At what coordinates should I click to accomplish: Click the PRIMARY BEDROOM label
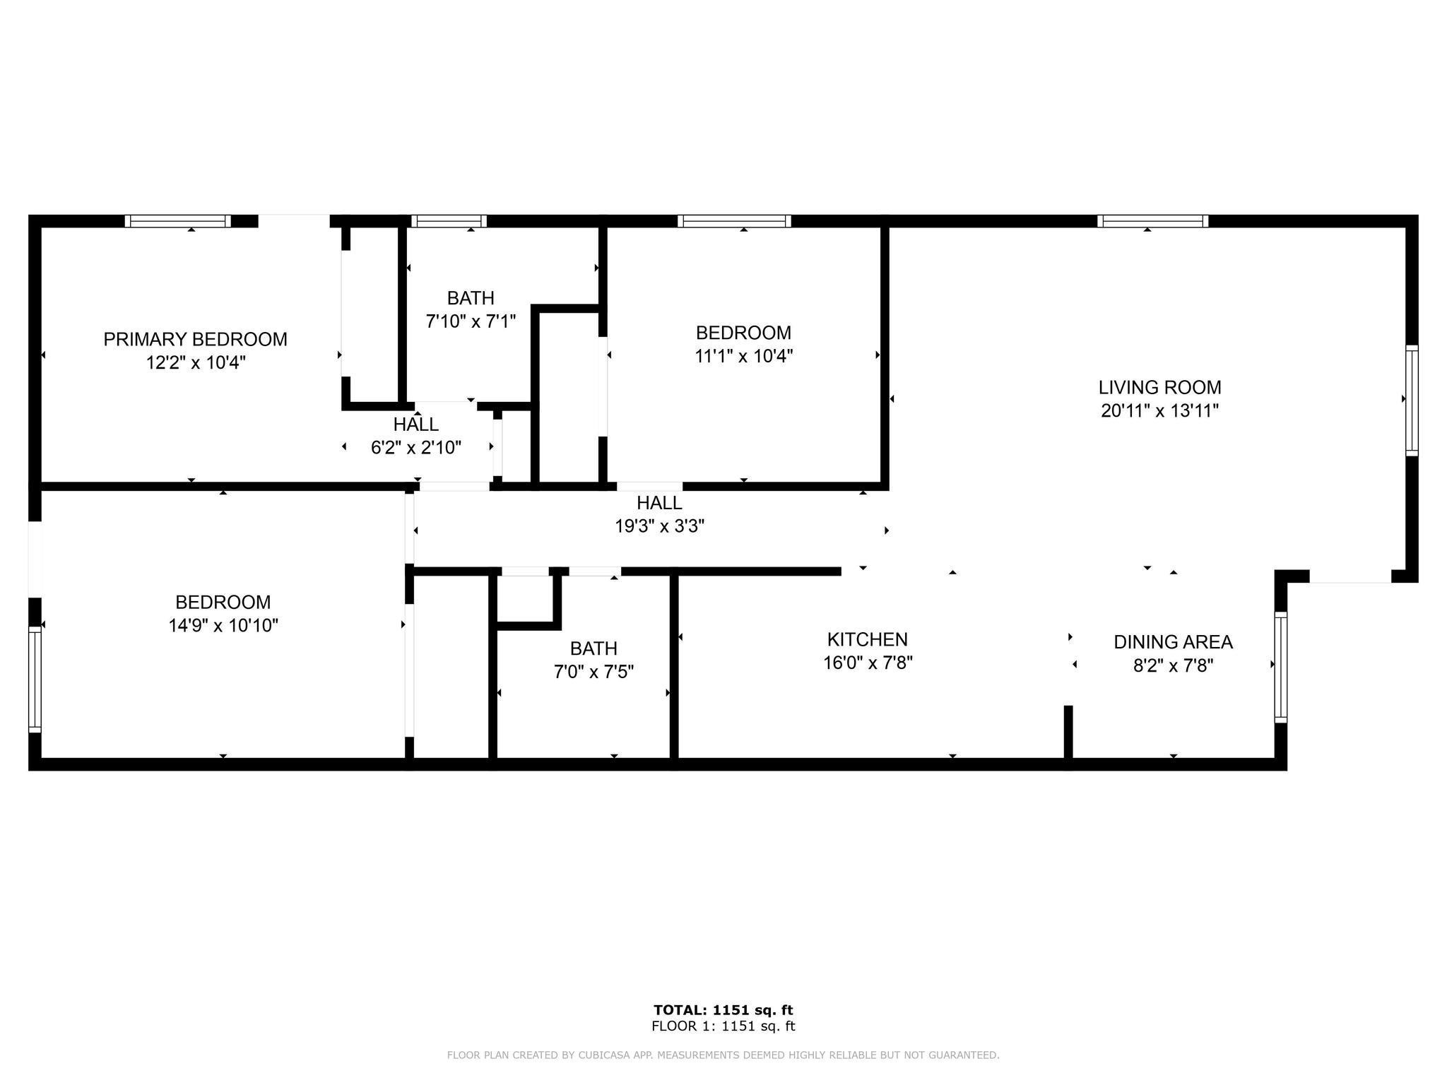point(195,340)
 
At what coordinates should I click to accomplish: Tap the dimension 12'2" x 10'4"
point(195,363)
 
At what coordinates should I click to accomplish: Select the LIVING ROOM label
point(1159,387)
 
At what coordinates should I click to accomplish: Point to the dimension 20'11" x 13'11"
point(1159,410)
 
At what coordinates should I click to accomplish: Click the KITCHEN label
point(867,639)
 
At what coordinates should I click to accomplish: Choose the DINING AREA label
point(1173,642)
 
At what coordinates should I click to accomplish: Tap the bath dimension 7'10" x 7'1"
point(471,321)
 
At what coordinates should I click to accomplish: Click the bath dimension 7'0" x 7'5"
point(593,671)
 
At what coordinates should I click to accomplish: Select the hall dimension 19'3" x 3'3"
point(659,526)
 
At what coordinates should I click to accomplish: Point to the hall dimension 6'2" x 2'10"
point(415,447)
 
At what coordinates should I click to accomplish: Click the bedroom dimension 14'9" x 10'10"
point(223,625)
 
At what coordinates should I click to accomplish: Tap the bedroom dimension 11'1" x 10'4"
point(743,356)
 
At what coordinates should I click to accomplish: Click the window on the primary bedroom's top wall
point(178,221)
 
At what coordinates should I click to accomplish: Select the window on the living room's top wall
point(1152,221)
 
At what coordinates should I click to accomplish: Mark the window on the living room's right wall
point(1411,400)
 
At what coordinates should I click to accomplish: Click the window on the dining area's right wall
point(1280,667)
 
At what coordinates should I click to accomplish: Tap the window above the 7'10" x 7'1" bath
point(449,221)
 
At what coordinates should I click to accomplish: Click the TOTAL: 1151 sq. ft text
point(723,1010)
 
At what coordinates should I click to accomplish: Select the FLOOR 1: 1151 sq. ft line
point(723,1026)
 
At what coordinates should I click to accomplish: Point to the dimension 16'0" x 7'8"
point(867,663)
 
